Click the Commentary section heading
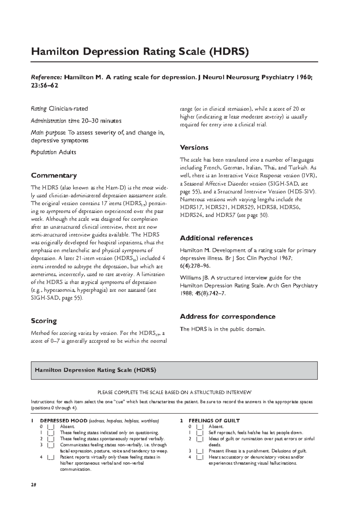[54, 175]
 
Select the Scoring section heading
[44, 321]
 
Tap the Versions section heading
[194, 147]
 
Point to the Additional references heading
[216, 238]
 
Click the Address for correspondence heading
[227, 317]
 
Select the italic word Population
[43, 152]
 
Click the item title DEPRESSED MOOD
[64, 421]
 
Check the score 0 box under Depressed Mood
[50, 427]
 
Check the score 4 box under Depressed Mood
[50, 457]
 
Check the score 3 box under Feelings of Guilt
[199, 451]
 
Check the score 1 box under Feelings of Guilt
[199, 433]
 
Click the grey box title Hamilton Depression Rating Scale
[95, 370]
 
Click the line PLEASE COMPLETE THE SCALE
[174, 392]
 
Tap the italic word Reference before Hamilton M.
[46, 78]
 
